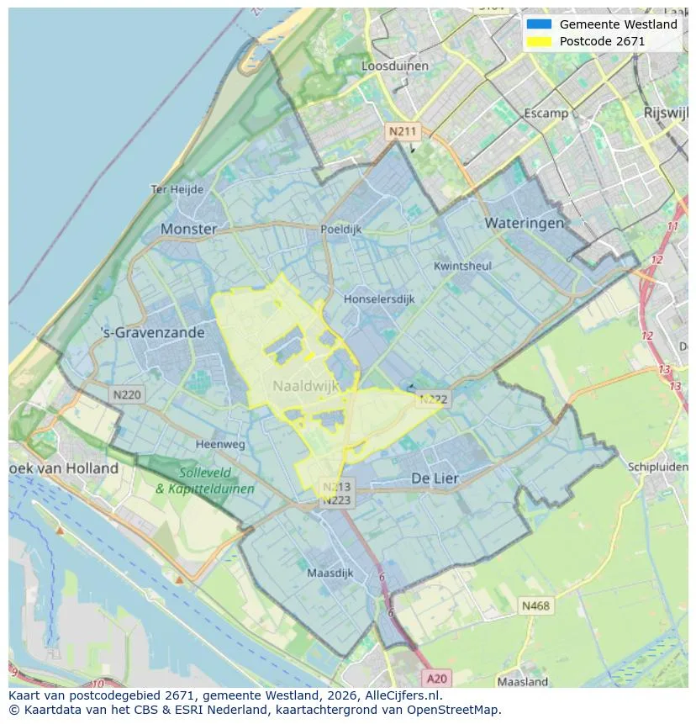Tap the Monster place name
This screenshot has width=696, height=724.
[x=188, y=229]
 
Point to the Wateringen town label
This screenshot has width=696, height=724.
[x=525, y=223]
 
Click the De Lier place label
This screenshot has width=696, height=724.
[x=435, y=478]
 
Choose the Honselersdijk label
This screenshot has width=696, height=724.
[x=379, y=299]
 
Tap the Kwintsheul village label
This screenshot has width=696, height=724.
[x=461, y=266]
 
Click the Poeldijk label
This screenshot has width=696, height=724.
[x=340, y=229]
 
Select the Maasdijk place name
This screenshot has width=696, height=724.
[x=330, y=573]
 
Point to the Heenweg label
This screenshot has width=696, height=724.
[x=220, y=444]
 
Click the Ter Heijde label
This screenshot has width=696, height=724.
[x=177, y=189]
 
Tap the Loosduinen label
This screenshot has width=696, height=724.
[x=394, y=66]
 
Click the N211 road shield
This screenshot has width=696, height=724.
[x=402, y=132]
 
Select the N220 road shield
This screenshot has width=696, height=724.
[x=127, y=394]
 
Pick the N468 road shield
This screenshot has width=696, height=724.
[x=536, y=605]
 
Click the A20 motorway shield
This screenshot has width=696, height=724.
[x=437, y=679]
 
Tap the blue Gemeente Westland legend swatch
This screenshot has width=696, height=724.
[x=539, y=24]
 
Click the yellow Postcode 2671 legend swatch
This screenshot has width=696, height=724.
[x=539, y=41]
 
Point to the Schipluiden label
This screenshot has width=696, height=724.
[x=657, y=467]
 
